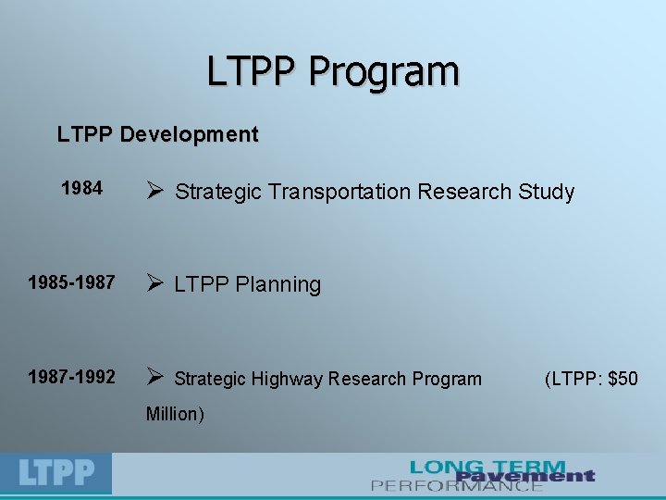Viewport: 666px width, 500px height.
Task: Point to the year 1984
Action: point(81,189)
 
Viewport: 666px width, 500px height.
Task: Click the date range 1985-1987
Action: point(71,282)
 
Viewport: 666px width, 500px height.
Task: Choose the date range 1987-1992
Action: point(71,377)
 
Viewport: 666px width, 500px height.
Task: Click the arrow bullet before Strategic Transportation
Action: point(155,192)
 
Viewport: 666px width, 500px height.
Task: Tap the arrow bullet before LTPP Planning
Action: point(155,283)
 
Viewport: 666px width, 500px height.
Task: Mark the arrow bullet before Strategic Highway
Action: point(155,377)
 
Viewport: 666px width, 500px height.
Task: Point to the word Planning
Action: point(277,285)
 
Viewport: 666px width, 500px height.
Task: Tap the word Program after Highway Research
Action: point(447,379)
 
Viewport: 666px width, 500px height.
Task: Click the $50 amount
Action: point(622,379)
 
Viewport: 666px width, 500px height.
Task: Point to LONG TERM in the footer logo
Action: point(487,467)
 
